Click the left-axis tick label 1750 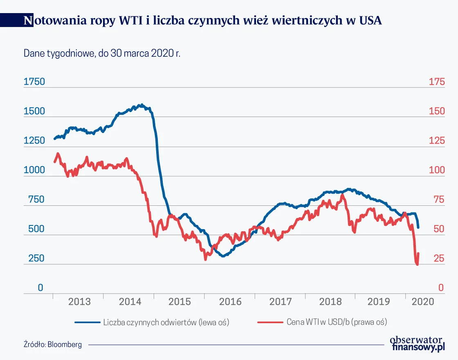coord(34,82)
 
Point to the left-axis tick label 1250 coord(34,141)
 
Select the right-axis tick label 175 coord(436,82)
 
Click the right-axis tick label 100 coord(436,170)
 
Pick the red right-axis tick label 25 coord(438,259)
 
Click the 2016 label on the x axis coord(230,302)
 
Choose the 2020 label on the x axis coord(422,302)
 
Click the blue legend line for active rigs coord(87,322)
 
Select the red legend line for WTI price coord(270,322)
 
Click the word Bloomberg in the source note coord(65,344)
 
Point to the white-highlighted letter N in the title coord(28,20)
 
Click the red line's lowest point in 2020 coord(417,265)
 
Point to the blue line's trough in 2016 coord(223,256)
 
